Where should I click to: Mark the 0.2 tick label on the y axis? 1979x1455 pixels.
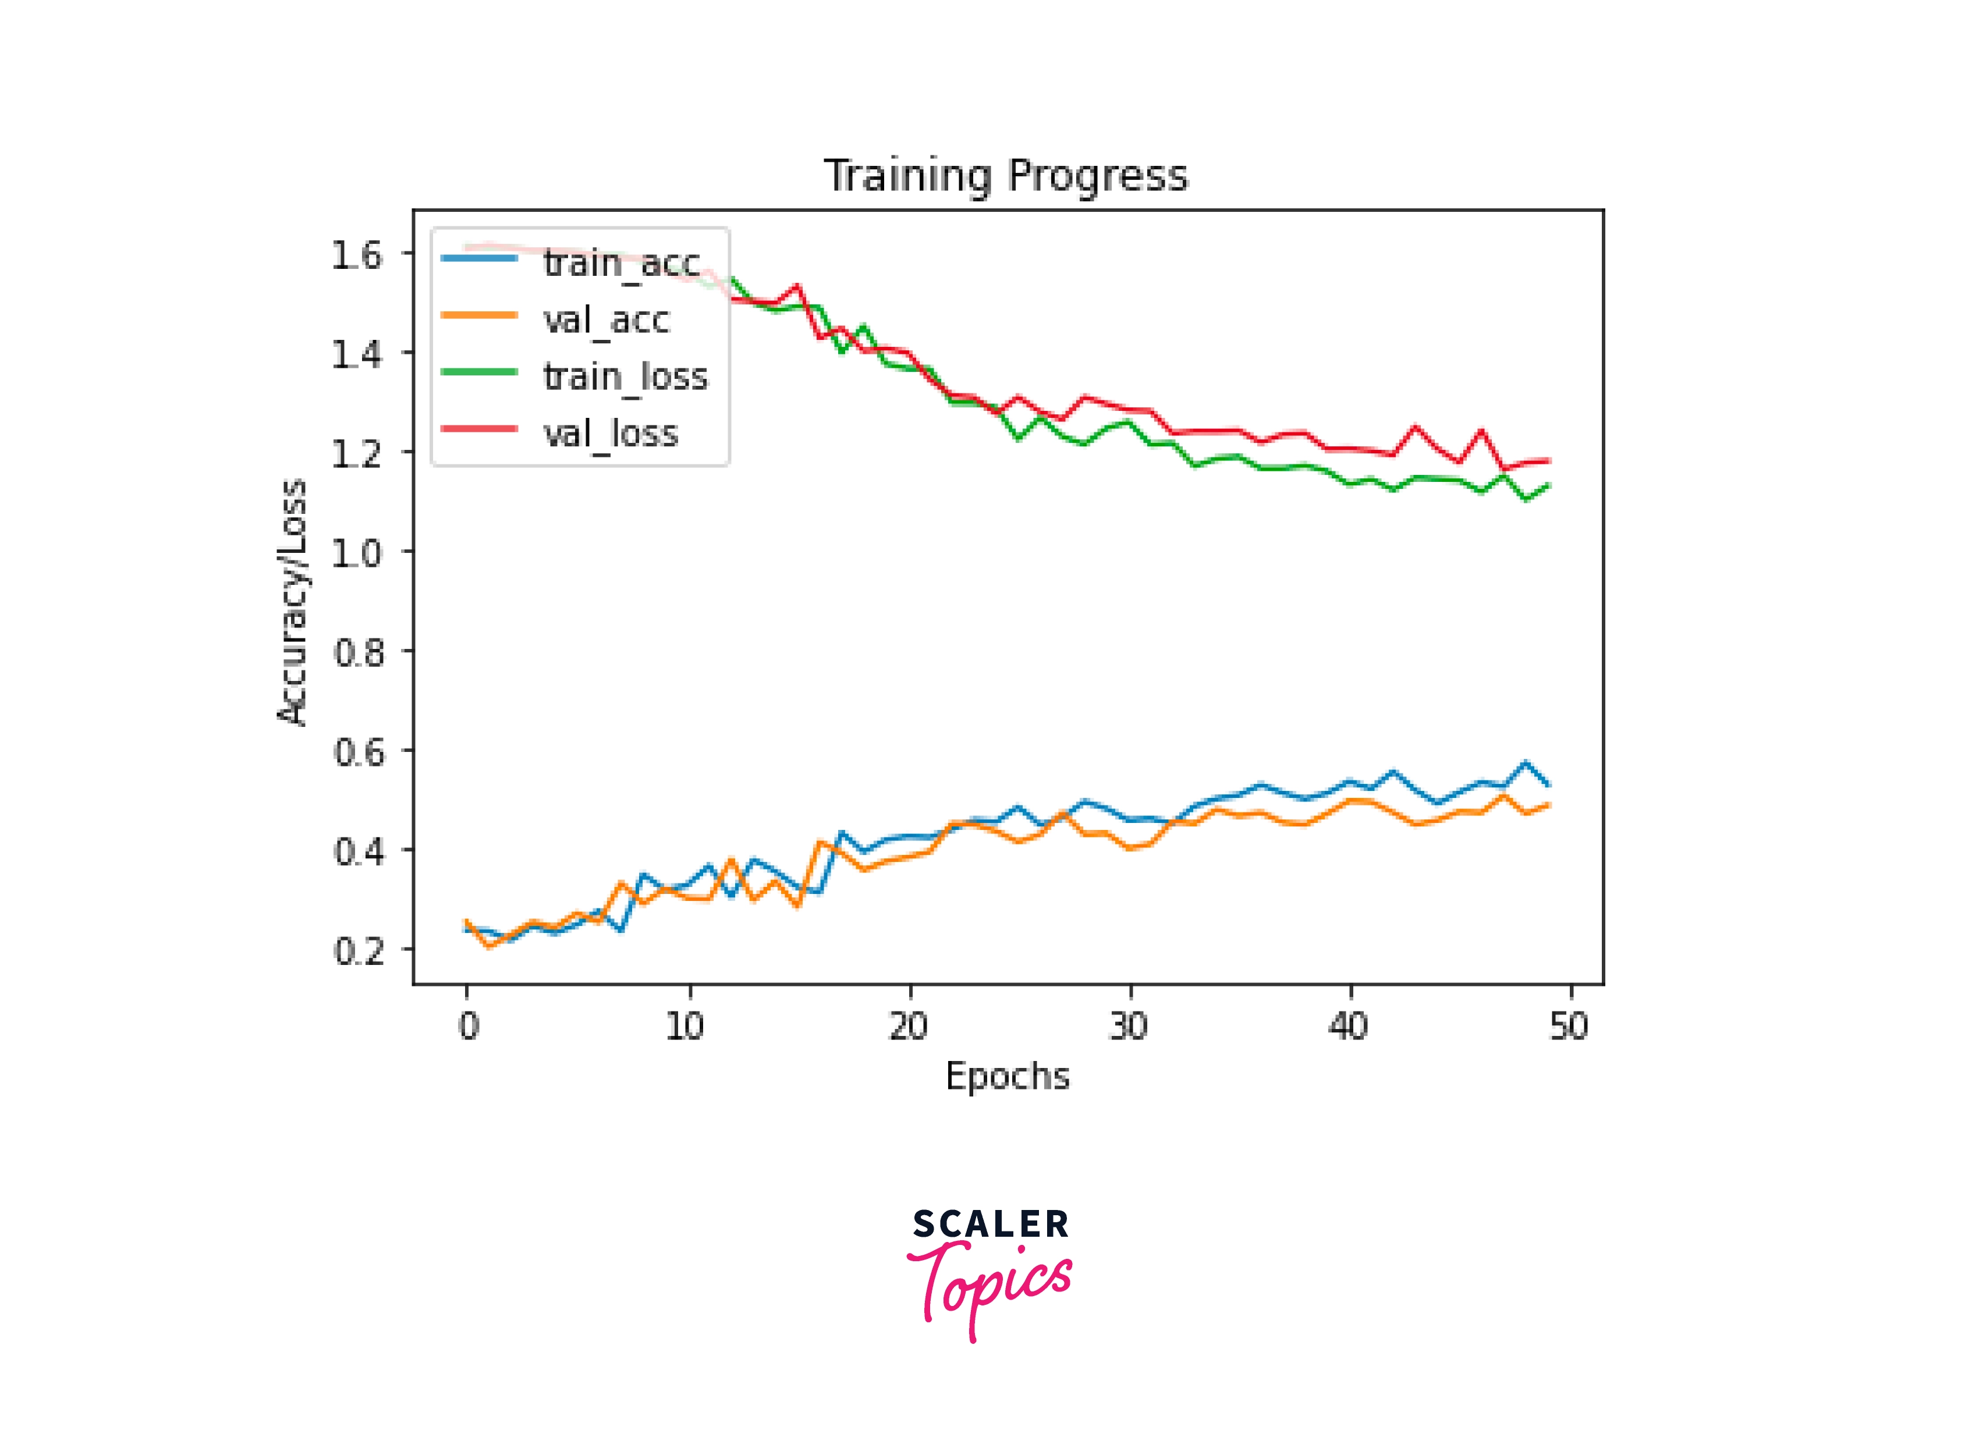357,950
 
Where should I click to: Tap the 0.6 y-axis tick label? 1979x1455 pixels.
357,752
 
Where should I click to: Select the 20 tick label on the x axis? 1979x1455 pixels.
908,1026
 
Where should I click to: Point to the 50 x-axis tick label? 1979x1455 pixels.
1569,1026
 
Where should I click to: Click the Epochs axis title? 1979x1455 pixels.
1007,1076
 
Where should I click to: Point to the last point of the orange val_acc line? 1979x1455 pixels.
1548,805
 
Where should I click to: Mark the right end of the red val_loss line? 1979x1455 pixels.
1548,460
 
